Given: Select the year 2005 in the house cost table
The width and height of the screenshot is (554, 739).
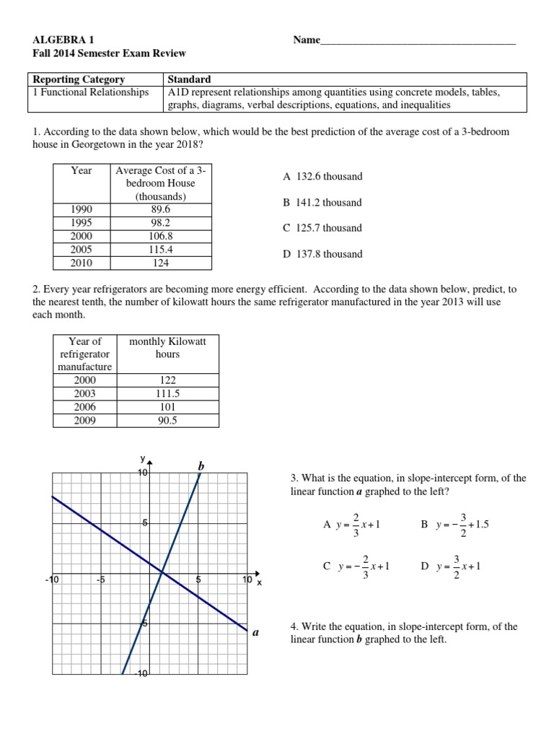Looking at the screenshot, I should (x=82, y=249).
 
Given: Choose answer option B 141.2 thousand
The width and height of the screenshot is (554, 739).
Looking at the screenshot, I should (x=322, y=203).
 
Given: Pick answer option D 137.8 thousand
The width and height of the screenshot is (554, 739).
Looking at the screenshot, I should (x=322, y=254).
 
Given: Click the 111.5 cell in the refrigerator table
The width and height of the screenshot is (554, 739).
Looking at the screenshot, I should (x=167, y=393).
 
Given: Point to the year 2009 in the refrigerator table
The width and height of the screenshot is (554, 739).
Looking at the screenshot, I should (x=84, y=419).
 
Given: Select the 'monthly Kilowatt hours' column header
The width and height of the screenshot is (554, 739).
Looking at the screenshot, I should (x=167, y=348).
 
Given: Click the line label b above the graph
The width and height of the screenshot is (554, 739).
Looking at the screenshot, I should (x=201, y=468).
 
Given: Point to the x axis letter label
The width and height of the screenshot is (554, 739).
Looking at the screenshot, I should (x=259, y=582).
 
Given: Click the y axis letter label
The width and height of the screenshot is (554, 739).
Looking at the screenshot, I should (x=143, y=459).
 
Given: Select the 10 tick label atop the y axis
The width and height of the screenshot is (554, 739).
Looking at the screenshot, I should (x=143, y=473).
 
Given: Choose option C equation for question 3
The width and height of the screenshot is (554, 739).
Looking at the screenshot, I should (x=356, y=567).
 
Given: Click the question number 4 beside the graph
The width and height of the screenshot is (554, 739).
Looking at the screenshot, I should (x=293, y=627).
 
